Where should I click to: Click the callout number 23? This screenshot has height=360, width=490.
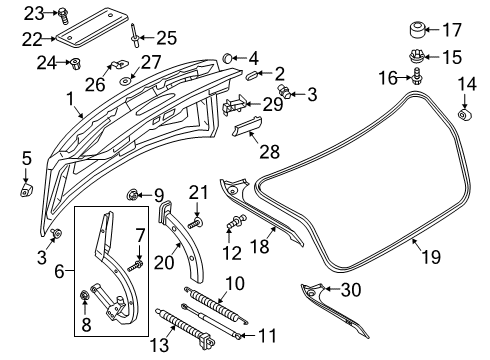pyautogui.click(x=34, y=14)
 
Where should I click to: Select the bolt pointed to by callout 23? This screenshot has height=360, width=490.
pyautogui.click(x=63, y=15)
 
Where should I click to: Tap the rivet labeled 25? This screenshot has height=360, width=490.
pyautogui.click(x=134, y=35)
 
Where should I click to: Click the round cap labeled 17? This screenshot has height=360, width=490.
pyautogui.click(x=417, y=29)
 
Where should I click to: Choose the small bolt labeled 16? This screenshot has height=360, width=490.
pyautogui.click(x=416, y=76)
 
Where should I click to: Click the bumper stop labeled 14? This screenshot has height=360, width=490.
pyautogui.click(x=464, y=115)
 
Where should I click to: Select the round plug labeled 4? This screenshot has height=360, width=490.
pyautogui.click(x=227, y=58)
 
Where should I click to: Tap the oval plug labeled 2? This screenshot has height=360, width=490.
pyautogui.click(x=251, y=75)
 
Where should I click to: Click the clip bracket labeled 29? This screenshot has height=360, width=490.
pyautogui.click(x=235, y=104)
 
